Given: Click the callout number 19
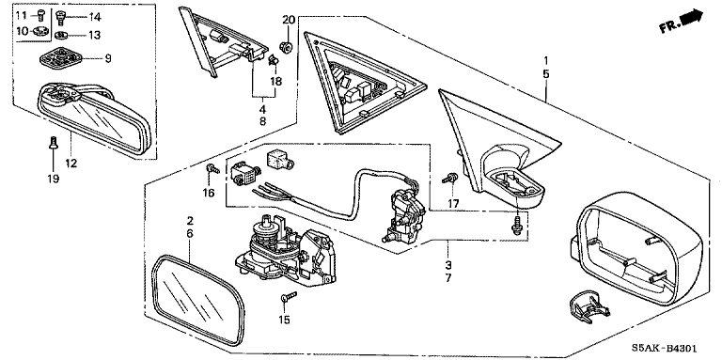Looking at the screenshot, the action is point(53,179).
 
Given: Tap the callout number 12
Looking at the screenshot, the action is point(71,163).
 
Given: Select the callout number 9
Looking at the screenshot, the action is point(108,58).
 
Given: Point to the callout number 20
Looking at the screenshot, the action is point(289,20).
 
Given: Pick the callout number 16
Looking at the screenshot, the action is point(209,193).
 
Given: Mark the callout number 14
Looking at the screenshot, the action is point(94,18).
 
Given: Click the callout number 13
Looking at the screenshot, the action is point(94,35).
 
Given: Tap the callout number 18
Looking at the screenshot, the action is point(276,82).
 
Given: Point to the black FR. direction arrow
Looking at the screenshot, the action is point(693,18).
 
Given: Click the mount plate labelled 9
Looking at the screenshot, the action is point(61,58).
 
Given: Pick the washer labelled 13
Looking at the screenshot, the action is point(61,35).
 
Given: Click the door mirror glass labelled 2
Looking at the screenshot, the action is point(197,299).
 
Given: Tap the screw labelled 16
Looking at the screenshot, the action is point(212,168).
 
